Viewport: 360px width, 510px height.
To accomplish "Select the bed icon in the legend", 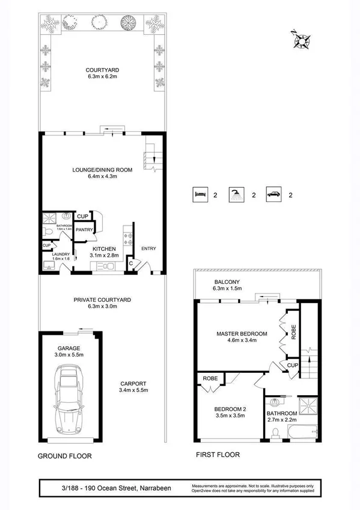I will [199, 194].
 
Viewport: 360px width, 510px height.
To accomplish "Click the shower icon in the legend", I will [236, 194].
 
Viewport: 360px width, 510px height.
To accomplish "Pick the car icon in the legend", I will [273, 194].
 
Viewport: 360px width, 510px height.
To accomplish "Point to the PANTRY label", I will [84, 229].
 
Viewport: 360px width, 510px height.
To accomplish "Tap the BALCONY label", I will [227, 282].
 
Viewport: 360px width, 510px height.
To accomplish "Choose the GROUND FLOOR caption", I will [65, 456].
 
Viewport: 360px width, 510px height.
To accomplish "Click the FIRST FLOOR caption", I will [218, 455].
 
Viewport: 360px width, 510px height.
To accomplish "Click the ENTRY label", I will [148, 248].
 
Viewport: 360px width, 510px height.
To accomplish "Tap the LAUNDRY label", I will [60, 254].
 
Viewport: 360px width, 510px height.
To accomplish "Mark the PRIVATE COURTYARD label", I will [102, 299].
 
